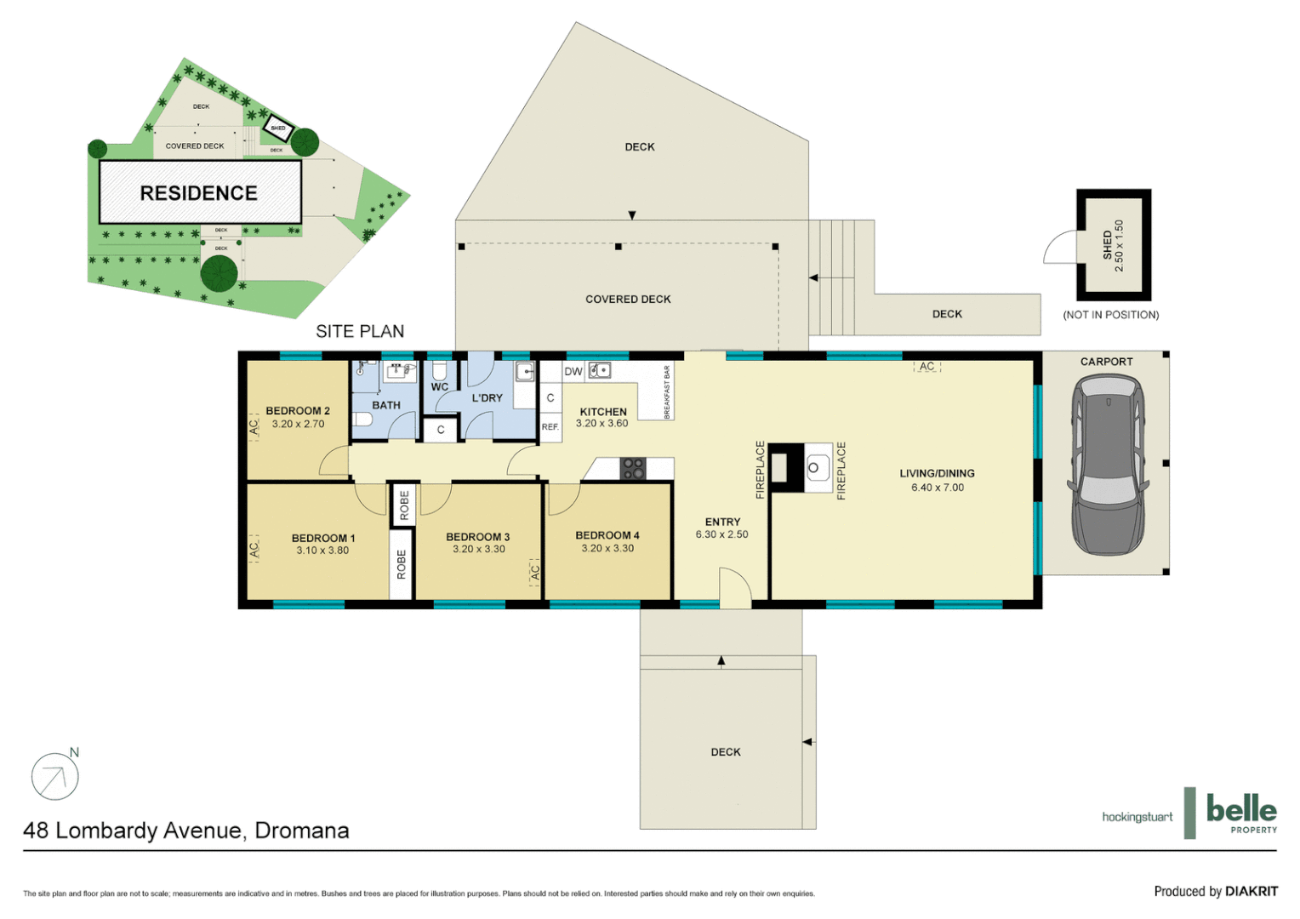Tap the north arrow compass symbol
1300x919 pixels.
tap(55, 776)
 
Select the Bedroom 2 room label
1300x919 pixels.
tap(298, 411)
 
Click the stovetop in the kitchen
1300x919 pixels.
tap(633, 468)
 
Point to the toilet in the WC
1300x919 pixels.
tap(440, 372)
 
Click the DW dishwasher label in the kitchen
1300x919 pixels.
tap(573, 372)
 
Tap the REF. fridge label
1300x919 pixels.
tap(550, 427)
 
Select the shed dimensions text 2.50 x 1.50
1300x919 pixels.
tap(1119, 246)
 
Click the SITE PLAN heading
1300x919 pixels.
tap(360, 332)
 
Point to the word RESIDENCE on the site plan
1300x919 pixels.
tap(199, 194)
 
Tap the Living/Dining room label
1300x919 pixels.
tap(938, 474)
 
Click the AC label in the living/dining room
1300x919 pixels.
tap(927, 367)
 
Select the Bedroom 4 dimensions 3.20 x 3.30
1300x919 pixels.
tap(607, 549)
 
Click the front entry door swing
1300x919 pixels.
tap(735, 589)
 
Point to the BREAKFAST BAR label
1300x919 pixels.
tap(667, 392)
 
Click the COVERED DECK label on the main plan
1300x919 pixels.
tap(628, 300)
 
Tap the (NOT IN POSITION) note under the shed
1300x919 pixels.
tap(1110, 315)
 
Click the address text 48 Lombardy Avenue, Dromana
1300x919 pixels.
tap(186, 831)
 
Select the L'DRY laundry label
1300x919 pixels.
tap(487, 398)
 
